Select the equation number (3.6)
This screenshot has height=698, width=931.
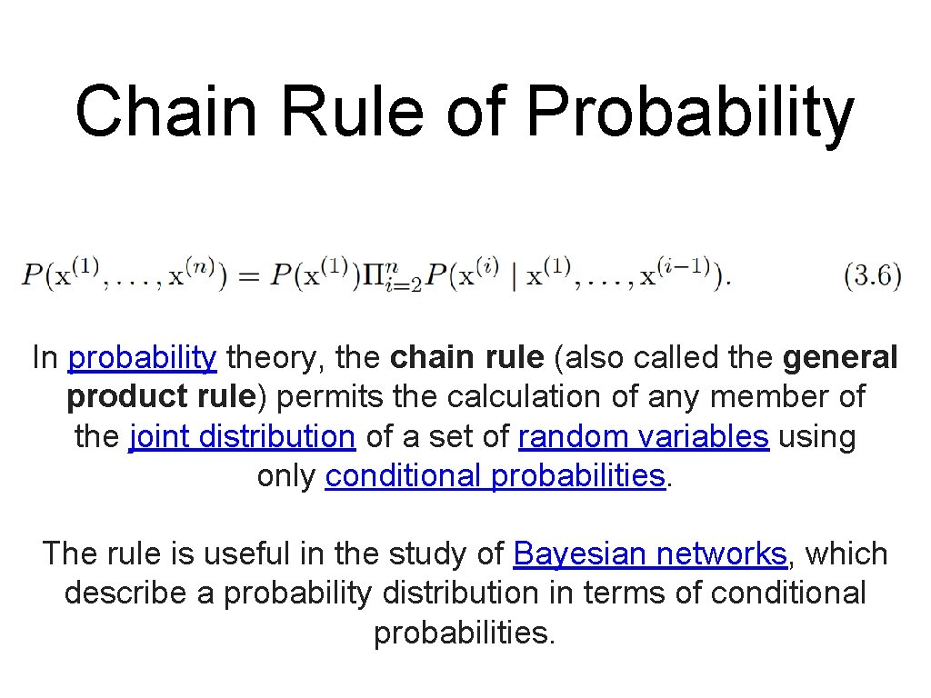[873, 275]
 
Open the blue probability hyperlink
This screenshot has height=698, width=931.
[143, 358]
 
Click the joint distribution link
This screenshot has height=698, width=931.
[242, 437]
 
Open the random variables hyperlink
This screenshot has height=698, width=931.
[644, 437]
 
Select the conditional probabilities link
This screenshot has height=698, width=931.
[496, 476]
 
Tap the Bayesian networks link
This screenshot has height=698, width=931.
[650, 553]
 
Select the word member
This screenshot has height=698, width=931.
[762, 397]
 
